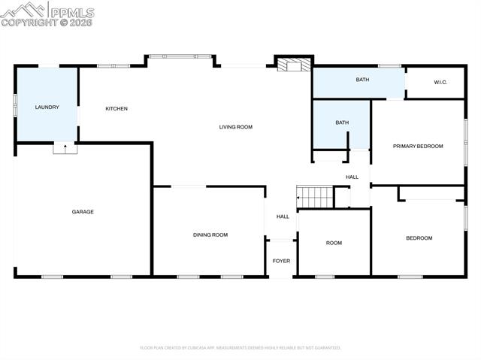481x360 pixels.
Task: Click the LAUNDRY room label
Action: [x=47, y=107]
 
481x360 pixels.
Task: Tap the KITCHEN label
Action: [x=116, y=109]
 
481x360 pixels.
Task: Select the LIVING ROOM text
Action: [x=236, y=127]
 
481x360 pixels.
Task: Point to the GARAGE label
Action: [x=83, y=212]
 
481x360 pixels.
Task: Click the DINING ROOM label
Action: [x=210, y=235]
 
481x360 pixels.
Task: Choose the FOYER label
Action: [x=281, y=261]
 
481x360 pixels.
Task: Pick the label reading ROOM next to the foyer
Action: [x=334, y=243]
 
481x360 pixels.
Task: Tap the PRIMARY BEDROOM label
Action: [x=418, y=146]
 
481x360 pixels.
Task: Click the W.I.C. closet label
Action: [x=440, y=82]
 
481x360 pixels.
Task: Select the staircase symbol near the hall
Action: [x=316, y=197]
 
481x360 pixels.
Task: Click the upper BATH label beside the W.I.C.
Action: [x=363, y=79]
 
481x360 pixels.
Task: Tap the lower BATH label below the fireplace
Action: [x=342, y=123]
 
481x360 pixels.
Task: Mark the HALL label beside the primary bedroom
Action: [x=352, y=177]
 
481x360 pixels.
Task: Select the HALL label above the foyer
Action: [x=283, y=216]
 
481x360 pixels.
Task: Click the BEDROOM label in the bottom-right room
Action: [x=419, y=238]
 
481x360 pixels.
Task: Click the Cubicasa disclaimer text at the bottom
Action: [x=240, y=348]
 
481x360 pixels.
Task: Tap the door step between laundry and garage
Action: [x=65, y=148]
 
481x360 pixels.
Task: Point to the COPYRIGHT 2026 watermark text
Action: [x=47, y=23]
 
